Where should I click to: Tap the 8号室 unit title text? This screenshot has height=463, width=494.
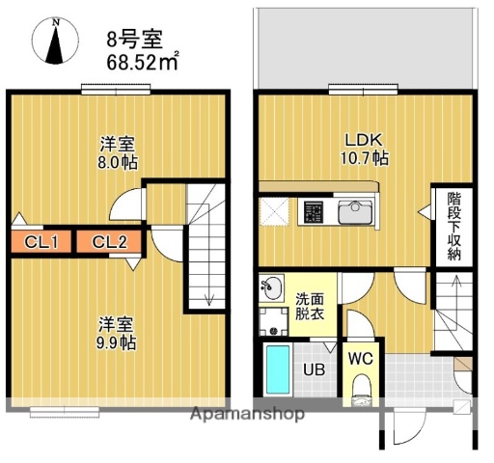point(135,40)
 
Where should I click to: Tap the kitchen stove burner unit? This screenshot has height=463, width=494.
point(315,209)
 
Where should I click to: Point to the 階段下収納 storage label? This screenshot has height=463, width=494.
point(454,227)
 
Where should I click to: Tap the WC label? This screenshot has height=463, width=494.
point(360,358)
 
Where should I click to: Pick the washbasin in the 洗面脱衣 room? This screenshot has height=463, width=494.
point(271,286)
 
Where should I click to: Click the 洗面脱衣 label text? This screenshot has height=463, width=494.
point(310,308)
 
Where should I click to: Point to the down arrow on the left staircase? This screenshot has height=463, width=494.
point(209,296)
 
